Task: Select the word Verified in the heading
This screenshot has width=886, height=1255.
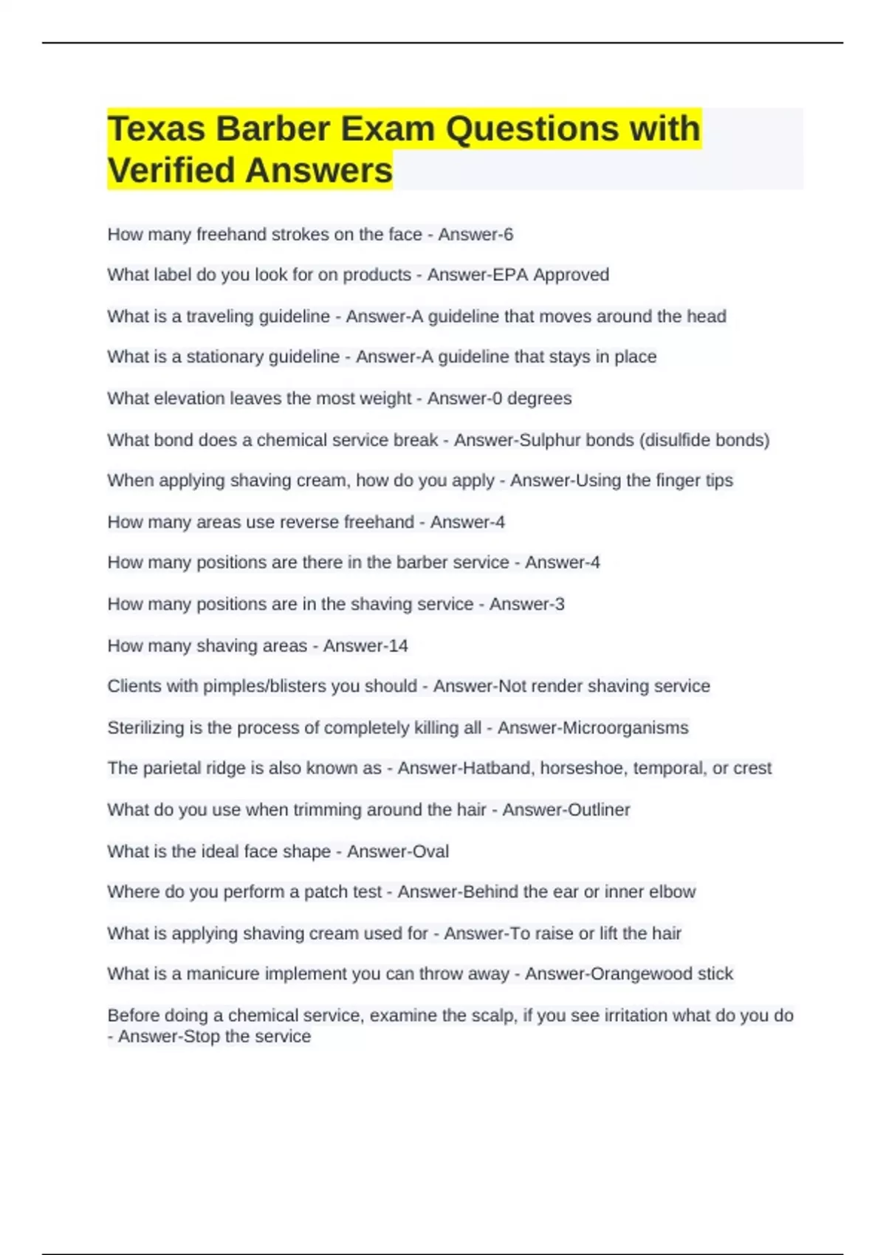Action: pyautogui.click(x=172, y=171)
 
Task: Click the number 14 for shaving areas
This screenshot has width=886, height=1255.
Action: pyautogui.click(x=398, y=646)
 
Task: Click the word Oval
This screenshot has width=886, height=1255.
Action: pyautogui.click(x=430, y=851)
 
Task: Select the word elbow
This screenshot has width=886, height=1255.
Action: pyautogui.click(x=672, y=892)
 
